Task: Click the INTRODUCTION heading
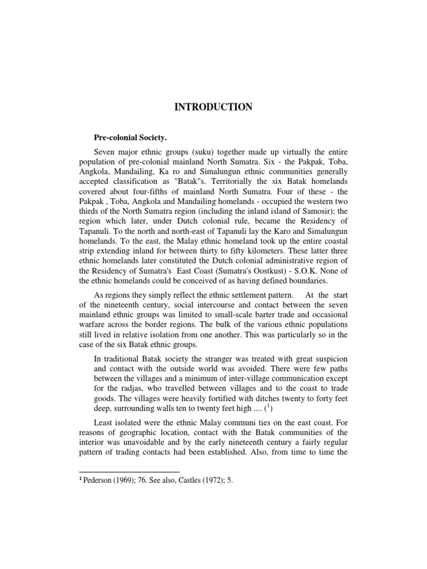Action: click(x=213, y=107)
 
